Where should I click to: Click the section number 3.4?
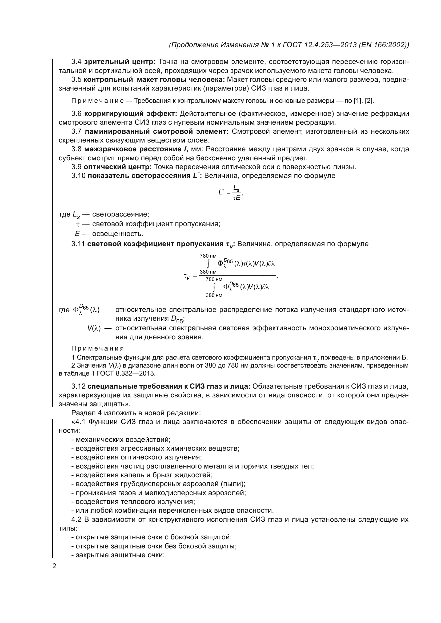(x=76, y=62)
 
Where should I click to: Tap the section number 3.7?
(x=76, y=132)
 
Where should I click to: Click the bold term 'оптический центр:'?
(x=117, y=167)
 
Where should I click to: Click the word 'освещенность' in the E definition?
(x=117, y=234)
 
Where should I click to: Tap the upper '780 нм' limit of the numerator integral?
(x=208, y=256)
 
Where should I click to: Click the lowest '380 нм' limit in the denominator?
(x=214, y=295)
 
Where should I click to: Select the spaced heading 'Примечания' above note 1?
(x=98, y=348)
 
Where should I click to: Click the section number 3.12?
(x=78, y=386)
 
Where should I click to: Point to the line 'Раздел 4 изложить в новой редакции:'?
(x=136, y=413)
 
